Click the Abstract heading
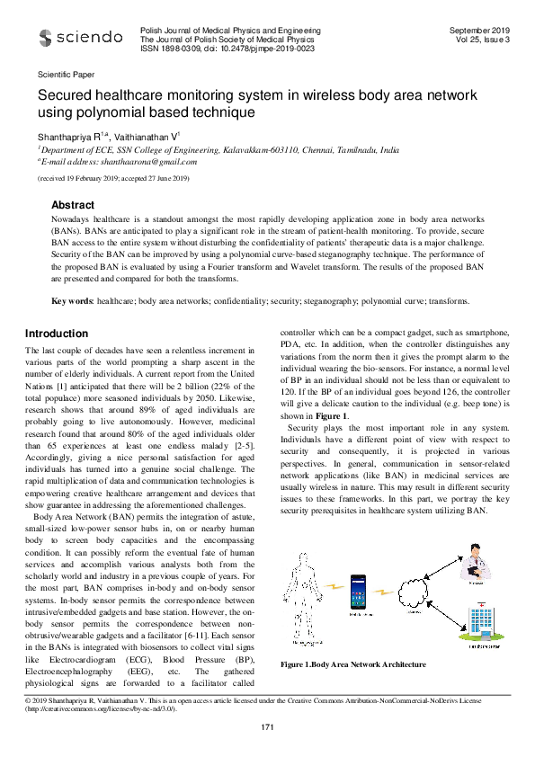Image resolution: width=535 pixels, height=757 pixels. pyautogui.click(x=74, y=206)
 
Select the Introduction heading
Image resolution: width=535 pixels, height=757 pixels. pyautogui.click(x=56, y=334)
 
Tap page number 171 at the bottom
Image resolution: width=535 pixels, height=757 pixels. pyautogui.click(x=267, y=726)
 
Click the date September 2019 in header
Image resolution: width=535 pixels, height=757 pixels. pyautogui.click(x=479, y=31)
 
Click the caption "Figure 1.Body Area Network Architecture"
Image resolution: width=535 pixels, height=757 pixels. pyautogui.click(x=353, y=664)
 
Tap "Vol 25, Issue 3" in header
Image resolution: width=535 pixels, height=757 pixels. pyautogui.click(x=482, y=40)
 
